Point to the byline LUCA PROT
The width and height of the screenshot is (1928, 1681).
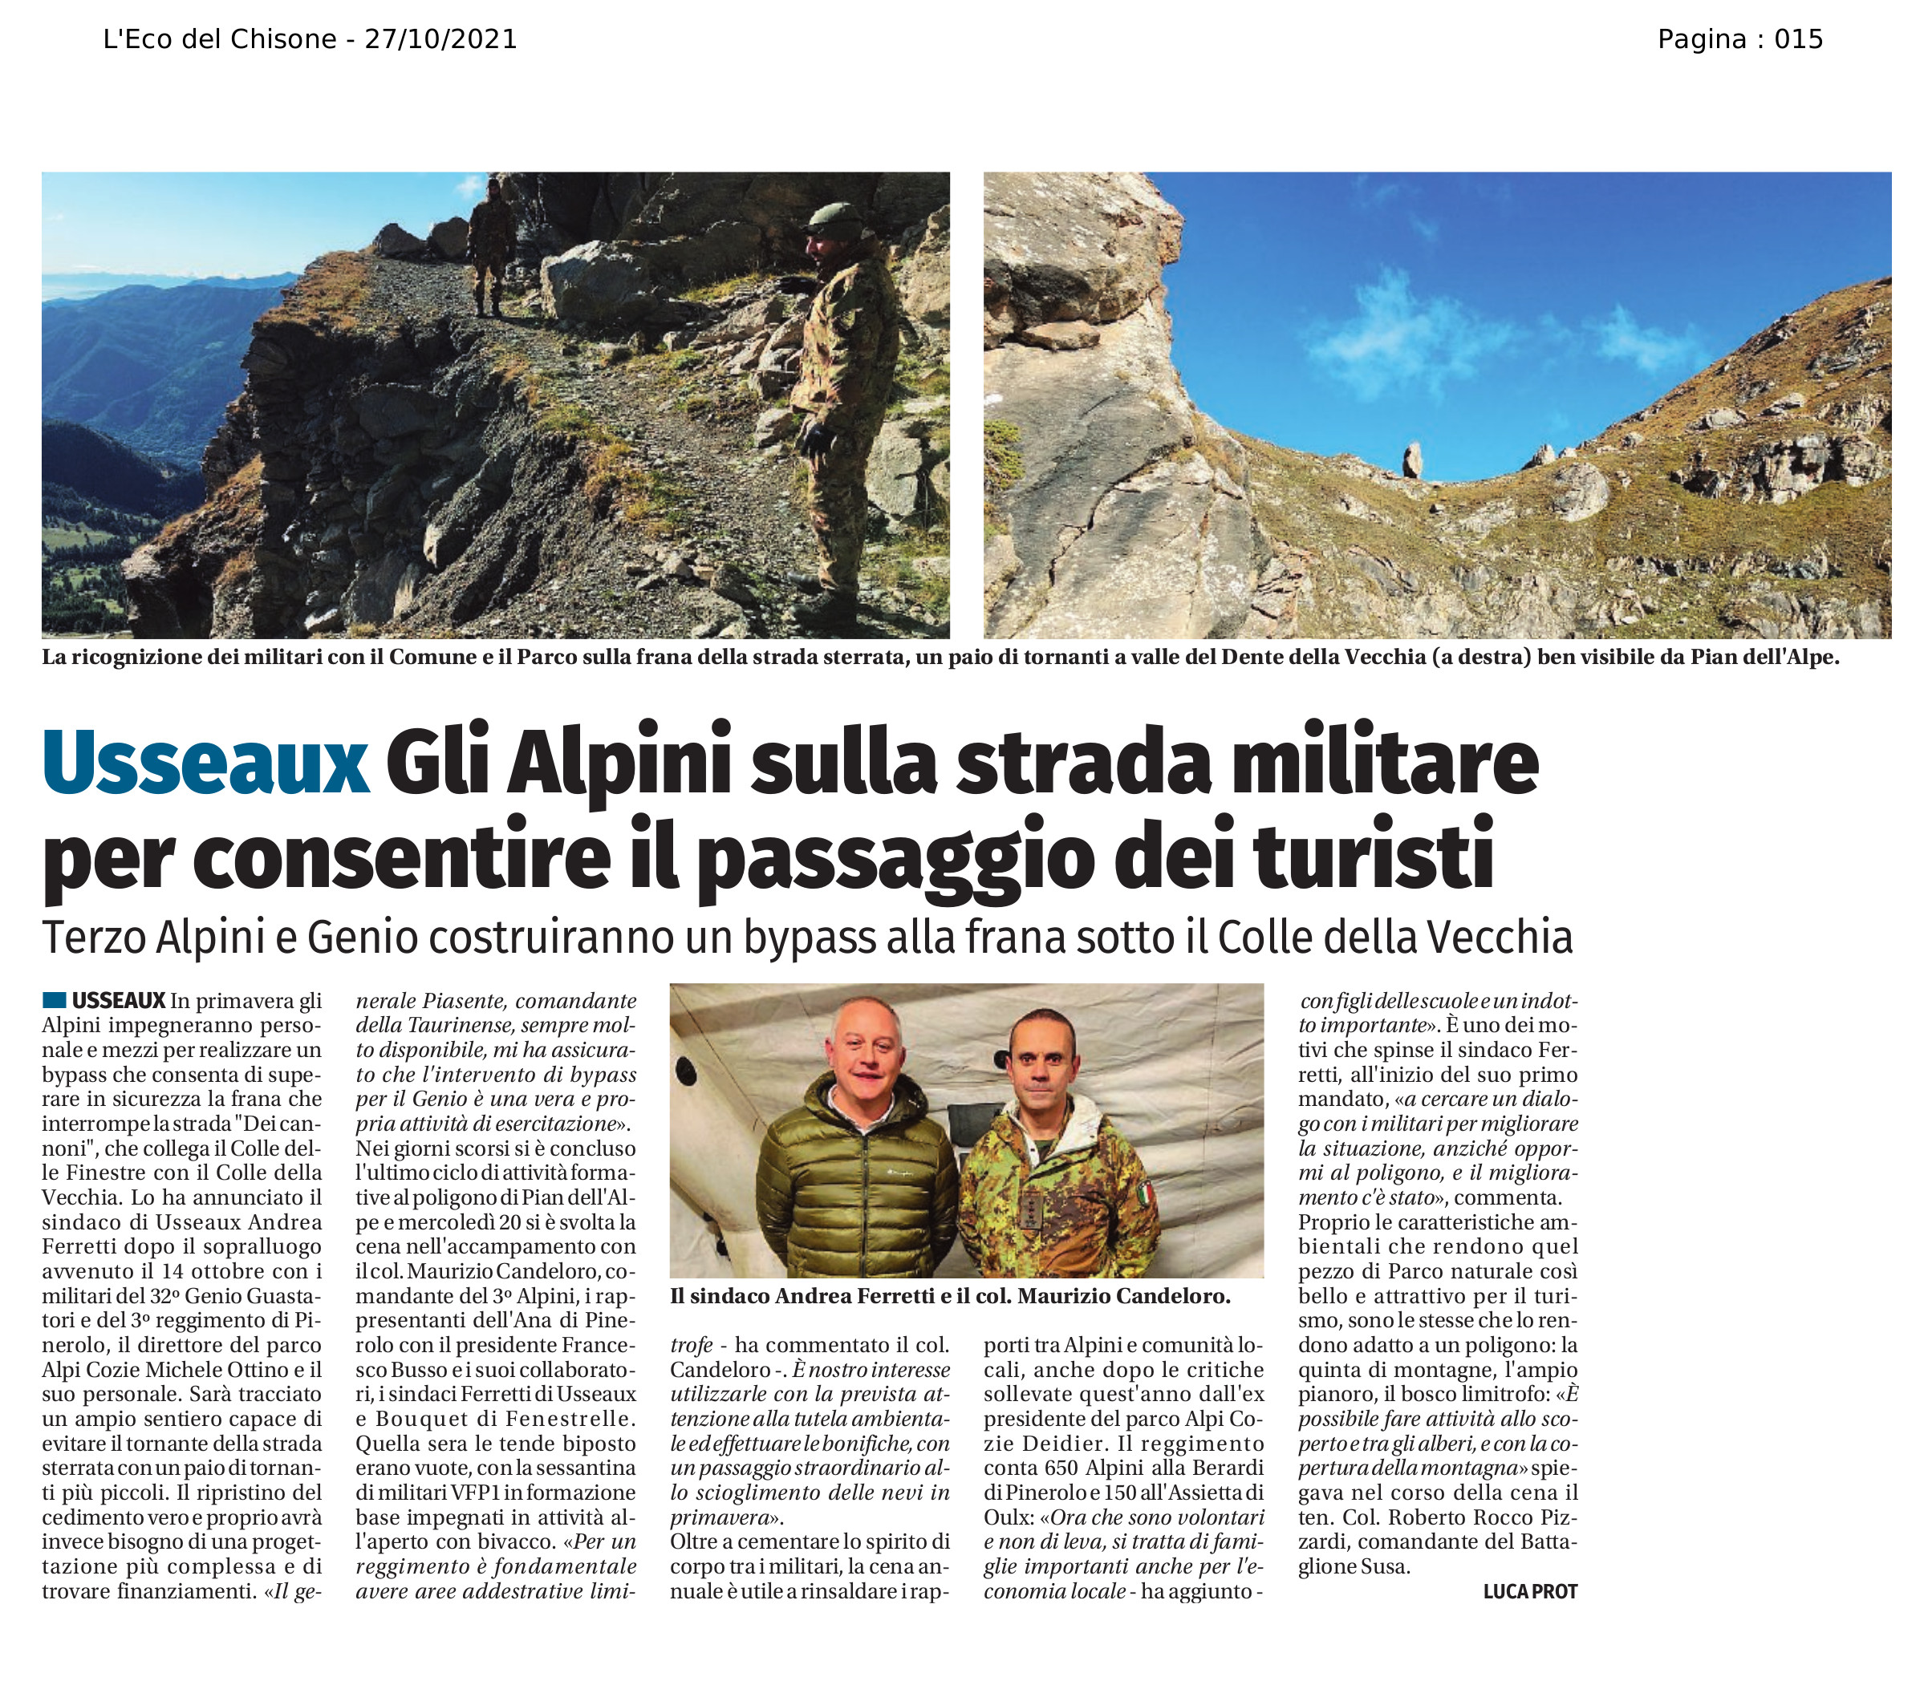[1530, 1591]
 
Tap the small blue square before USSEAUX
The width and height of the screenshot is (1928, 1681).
[54, 1000]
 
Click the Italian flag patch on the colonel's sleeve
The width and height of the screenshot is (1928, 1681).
[1146, 1194]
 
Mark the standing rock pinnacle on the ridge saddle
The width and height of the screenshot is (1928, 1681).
[1411, 460]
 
